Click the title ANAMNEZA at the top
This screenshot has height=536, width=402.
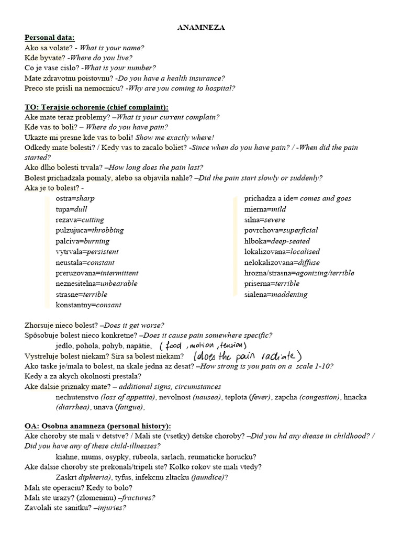click(202, 28)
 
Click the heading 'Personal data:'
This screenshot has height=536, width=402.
click(50, 38)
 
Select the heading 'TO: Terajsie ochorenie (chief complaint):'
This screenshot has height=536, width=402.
click(96, 107)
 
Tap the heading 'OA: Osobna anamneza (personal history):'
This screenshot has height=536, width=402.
click(98, 426)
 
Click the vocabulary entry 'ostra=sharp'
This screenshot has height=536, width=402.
click(75, 198)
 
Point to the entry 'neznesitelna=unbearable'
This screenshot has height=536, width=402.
click(96, 284)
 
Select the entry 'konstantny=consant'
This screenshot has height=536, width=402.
click(88, 305)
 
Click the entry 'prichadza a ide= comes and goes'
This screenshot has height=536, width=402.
click(297, 198)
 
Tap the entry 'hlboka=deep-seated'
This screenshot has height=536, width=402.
click(277, 241)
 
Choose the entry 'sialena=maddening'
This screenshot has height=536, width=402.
click(275, 295)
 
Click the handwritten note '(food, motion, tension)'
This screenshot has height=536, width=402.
click(203, 345)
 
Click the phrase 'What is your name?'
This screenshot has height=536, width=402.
click(111, 48)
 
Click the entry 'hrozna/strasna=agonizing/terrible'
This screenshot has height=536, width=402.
click(299, 273)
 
